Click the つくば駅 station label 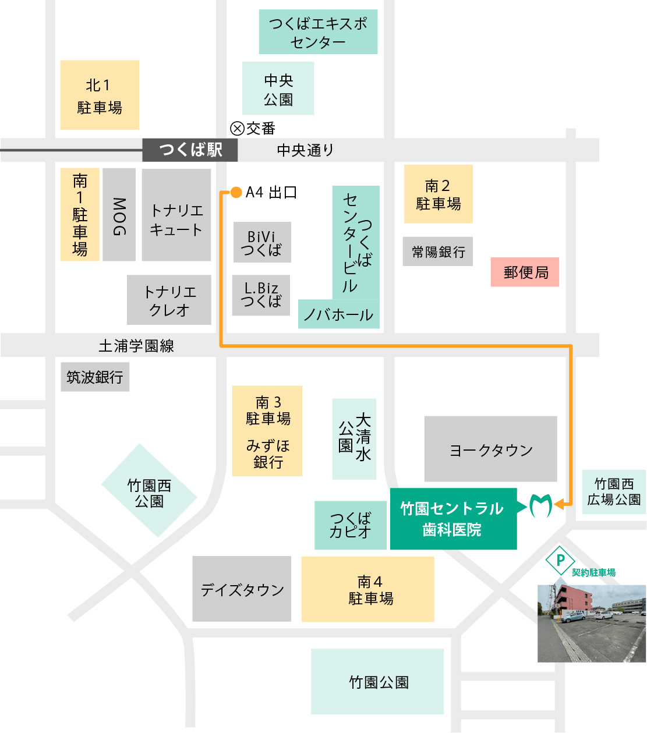190,150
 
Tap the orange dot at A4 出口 236,192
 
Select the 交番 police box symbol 237,128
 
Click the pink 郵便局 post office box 525,272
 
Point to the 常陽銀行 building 438,252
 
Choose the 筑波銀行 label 95,377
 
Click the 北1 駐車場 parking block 100,95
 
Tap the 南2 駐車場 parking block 438,194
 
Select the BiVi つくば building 261,242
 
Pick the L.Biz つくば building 261,295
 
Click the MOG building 119,215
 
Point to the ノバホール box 338,314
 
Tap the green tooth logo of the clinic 540,505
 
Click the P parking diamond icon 560,561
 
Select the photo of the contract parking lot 591,624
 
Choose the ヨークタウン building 490,449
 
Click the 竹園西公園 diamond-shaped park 149,491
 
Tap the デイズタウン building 242,589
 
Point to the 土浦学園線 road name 136,346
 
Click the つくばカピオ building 350,525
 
